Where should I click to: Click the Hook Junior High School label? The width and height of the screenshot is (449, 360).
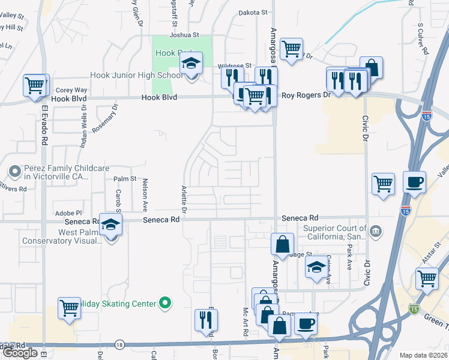click(x=136, y=76)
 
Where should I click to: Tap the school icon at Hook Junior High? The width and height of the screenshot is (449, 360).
click(x=191, y=64)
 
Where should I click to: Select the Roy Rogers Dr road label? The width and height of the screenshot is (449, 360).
click(x=306, y=95)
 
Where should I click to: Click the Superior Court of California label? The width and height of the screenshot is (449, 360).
click(x=335, y=232)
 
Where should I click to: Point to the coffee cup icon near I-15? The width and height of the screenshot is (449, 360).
click(x=414, y=182)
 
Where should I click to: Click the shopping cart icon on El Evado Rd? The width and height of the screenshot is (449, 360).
click(x=34, y=85)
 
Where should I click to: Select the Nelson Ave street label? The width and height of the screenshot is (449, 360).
click(x=145, y=197)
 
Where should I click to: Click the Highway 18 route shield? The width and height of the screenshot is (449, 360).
click(x=119, y=344)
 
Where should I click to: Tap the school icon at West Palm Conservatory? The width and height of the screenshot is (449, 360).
click(x=111, y=225)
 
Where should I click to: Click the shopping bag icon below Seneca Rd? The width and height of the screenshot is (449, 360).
click(x=282, y=244)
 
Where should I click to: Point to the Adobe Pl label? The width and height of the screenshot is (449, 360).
click(x=68, y=213)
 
